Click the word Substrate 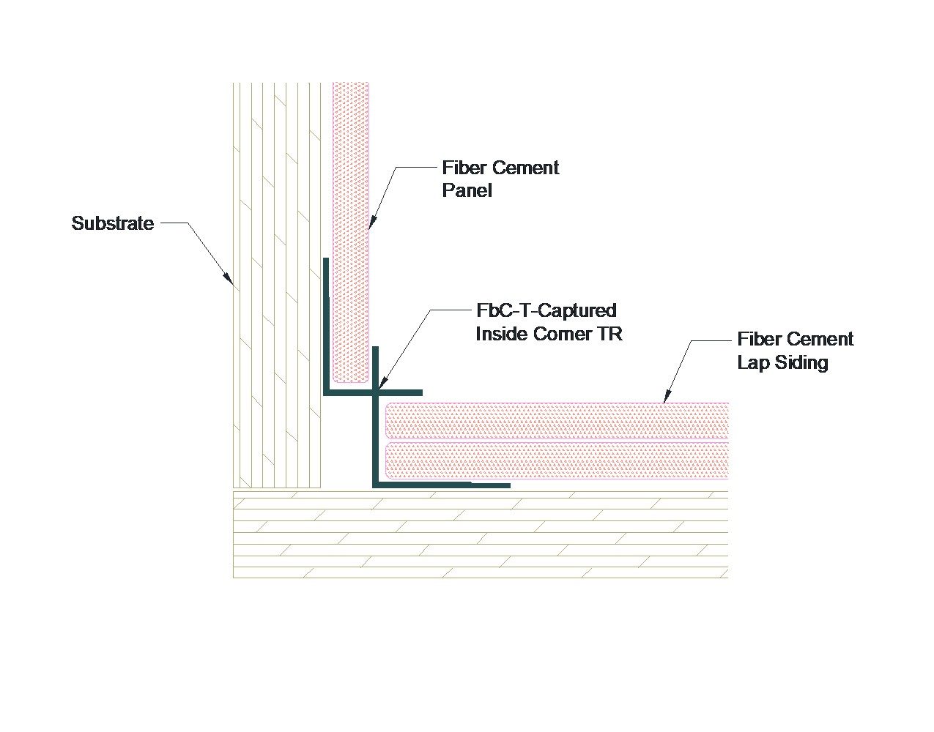[x=113, y=223]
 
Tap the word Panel [x=467, y=191]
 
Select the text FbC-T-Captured [x=546, y=310]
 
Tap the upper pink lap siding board [x=557, y=421]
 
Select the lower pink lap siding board [x=557, y=460]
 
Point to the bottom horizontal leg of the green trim [x=440, y=485]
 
